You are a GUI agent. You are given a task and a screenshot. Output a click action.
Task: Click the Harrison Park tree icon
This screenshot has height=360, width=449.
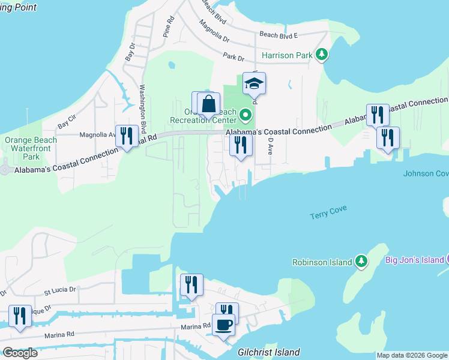(323, 55)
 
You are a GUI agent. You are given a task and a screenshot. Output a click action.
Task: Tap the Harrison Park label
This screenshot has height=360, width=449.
(287, 55)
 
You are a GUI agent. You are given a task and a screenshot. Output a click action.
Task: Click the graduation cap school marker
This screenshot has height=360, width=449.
(255, 84)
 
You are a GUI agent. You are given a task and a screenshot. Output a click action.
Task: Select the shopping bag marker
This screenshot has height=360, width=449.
(209, 103)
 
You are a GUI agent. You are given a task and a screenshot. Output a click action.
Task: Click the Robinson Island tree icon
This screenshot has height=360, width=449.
(361, 262)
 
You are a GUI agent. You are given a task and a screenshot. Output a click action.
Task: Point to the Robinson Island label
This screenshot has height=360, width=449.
(321, 262)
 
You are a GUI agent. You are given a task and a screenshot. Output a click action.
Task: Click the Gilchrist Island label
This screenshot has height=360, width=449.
(269, 352)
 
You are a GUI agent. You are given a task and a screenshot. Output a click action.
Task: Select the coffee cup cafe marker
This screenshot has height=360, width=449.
(224, 325)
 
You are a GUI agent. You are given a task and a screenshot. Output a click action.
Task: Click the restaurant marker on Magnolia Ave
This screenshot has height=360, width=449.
(126, 136)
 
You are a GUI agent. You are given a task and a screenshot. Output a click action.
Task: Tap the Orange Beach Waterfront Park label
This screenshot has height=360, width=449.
(31, 149)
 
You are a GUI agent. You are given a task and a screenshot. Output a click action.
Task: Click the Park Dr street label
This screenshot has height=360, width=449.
(233, 58)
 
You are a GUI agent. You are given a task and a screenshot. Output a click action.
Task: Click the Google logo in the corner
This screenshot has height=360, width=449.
(20, 353)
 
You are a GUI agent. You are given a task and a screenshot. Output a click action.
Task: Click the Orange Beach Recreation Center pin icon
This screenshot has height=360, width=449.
(245, 114)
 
